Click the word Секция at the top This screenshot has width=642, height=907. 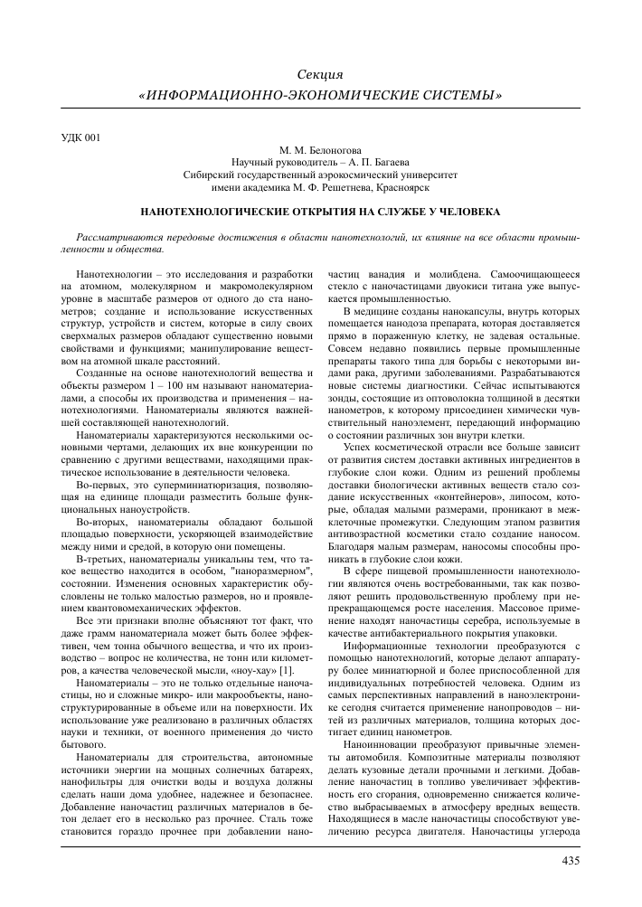click(320, 72)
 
